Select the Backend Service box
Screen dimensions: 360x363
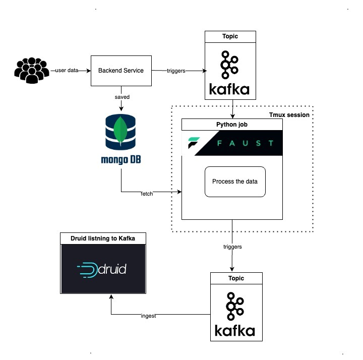coord(121,71)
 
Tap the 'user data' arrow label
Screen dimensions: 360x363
coord(67,71)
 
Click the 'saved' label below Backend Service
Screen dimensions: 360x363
coord(121,96)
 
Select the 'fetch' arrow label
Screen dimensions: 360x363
coord(147,193)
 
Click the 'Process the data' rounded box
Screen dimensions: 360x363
coord(235,182)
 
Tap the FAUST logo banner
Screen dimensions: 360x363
coord(232,143)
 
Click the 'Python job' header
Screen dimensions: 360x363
coord(232,124)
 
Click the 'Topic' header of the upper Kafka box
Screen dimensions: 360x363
coord(230,37)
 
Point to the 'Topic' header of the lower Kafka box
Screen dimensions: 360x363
coord(236,278)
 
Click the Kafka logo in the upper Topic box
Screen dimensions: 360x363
coord(230,73)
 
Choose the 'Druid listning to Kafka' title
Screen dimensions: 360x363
coord(103,238)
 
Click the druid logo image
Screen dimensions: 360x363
coord(103,270)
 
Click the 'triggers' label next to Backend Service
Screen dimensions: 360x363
coord(176,71)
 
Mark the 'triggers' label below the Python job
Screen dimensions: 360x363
coord(232,247)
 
